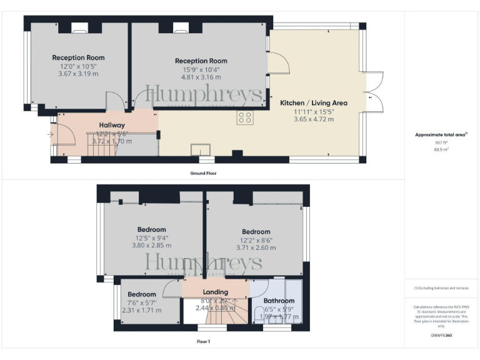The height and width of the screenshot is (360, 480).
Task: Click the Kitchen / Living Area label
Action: pos(313,102)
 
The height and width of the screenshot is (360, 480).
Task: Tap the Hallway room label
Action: pos(112,125)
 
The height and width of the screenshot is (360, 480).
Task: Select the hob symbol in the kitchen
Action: pos(244,117)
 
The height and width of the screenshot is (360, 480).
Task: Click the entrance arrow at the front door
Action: pos(51,133)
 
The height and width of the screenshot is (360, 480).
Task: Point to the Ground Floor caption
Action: pos(204,173)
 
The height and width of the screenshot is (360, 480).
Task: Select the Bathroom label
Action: pos(279,301)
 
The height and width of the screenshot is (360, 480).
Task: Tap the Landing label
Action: pos(216,292)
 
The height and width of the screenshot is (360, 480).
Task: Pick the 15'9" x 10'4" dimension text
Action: pos(201,69)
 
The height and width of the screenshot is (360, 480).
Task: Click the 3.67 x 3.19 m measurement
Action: pos(78,74)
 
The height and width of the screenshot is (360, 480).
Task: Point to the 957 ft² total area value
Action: pos(442,142)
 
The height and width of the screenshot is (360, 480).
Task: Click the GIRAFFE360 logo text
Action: pos(442,336)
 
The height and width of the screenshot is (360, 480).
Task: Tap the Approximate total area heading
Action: pos(441,134)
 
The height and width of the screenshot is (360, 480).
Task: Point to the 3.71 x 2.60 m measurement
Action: pos(256,247)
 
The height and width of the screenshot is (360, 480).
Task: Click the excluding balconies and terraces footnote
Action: pos(441,288)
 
